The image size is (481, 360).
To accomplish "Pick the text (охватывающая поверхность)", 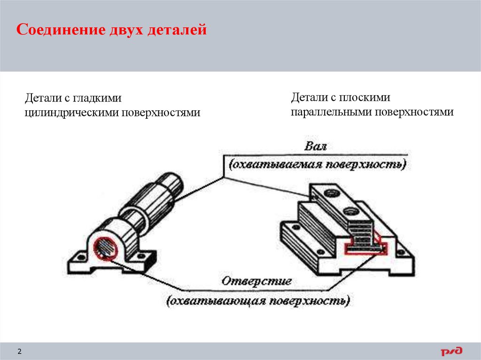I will point(258,300).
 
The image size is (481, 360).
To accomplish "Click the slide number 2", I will point(20,352).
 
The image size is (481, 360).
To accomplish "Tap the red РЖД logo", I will point(451,352).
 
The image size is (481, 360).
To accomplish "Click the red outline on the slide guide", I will point(366,248).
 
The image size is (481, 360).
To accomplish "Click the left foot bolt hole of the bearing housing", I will point(78,258).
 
